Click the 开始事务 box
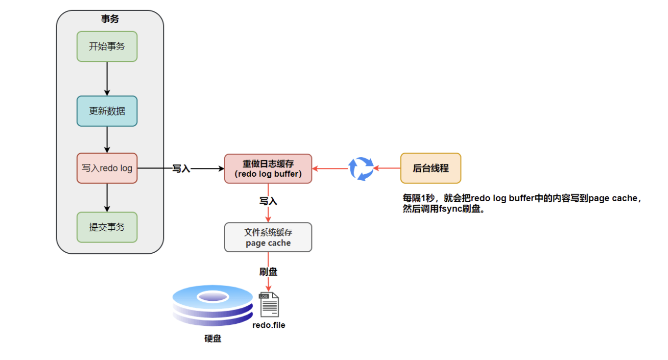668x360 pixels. point(107,46)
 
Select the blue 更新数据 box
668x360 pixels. point(107,111)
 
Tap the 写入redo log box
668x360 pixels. point(107,168)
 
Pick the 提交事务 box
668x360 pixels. point(107,227)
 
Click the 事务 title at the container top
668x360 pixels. point(110,19)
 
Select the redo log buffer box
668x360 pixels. point(268,169)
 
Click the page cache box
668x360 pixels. point(268,237)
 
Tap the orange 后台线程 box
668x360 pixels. point(431,168)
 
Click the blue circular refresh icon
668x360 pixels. point(361,169)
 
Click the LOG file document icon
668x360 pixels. point(269,305)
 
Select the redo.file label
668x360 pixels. point(269,325)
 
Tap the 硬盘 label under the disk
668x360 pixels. point(212,338)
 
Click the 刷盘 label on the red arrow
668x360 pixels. point(268,272)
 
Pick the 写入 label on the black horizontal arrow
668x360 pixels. point(181,169)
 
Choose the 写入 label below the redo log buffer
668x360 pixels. point(268,201)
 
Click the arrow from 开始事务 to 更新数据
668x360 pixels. point(107,79)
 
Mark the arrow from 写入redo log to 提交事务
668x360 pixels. point(107,197)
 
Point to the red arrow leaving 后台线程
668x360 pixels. point(387,168)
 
